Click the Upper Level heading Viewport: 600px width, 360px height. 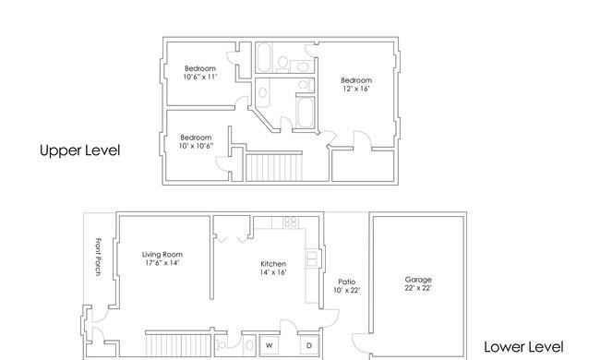[80, 150]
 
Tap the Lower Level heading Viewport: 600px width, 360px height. [523, 347]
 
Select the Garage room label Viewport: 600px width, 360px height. [418, 280]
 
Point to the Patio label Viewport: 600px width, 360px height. [347, 282]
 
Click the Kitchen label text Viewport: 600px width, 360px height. [273, 264]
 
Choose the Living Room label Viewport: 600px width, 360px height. [162, 255]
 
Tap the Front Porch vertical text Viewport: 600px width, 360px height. [99, 257]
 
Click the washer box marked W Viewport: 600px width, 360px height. [270, 345]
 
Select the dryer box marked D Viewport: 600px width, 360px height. [309, 345]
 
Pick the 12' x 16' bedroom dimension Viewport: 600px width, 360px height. [356, 89]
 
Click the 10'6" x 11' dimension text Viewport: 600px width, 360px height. [200, 77]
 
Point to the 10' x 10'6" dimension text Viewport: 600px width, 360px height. [196, 146]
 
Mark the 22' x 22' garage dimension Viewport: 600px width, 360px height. [418, 288]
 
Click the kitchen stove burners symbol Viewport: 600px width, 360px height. [291, 222]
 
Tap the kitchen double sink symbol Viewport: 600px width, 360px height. [311, 258]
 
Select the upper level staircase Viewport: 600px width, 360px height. [274, 167]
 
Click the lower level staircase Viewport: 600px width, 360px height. [178, 345]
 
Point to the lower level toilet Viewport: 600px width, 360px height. [222, 345]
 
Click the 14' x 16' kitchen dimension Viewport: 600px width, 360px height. [273, 272]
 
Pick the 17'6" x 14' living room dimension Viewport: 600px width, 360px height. [162, 263]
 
